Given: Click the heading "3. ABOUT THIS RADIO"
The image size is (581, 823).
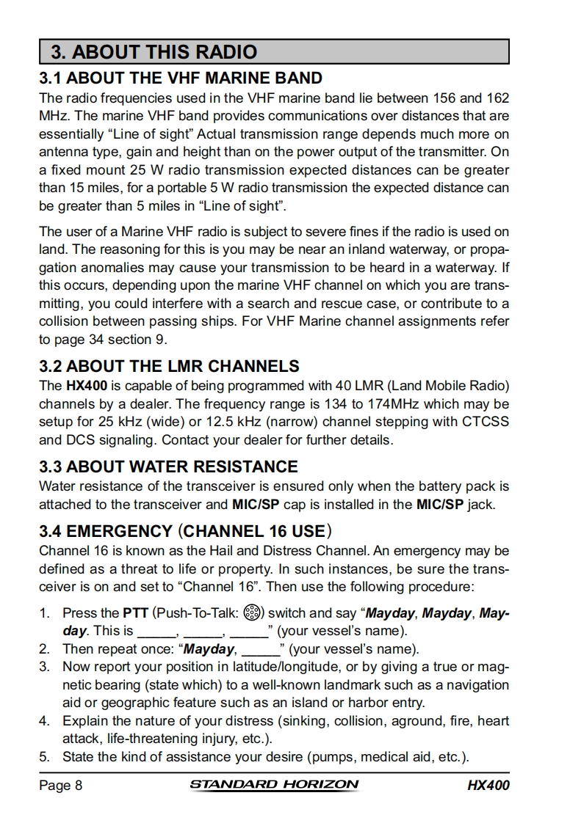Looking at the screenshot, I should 154,52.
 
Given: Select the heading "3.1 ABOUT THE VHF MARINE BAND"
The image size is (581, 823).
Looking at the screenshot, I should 181,78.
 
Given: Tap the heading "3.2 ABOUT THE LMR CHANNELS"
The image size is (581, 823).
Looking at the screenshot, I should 169,366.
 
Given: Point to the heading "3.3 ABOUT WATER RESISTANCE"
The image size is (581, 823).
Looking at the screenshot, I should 168,467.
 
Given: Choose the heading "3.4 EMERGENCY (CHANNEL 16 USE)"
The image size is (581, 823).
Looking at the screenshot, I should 186,531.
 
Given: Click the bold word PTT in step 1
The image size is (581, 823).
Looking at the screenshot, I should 135,613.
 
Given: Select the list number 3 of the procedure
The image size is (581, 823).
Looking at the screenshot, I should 44,667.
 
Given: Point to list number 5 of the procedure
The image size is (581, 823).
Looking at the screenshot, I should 44,756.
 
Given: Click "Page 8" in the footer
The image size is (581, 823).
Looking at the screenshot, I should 60,786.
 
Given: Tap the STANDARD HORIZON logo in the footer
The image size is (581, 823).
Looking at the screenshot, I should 275,785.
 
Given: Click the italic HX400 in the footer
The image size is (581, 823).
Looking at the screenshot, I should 488,786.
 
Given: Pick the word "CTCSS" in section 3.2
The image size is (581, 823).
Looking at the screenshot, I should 485,422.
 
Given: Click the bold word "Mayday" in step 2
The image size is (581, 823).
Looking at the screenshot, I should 209,649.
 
